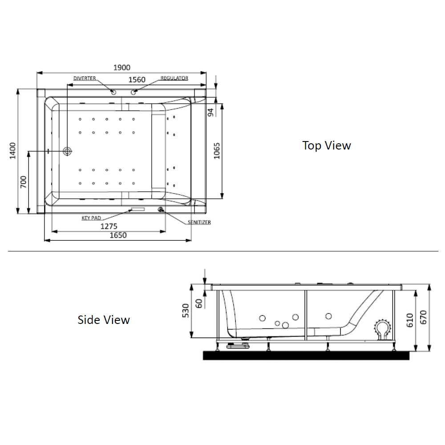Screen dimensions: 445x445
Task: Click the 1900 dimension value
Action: pyautogui.click(x=121, y=67)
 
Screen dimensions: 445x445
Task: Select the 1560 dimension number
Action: pyautogui.click(x=137, y=80)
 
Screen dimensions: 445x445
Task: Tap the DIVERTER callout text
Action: pyautogui.click(x=85, y=78)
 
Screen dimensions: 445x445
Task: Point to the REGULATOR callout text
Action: pyautogui.click(x=174, y=78)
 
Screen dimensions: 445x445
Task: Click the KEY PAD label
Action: pyautogui.click(x=92, y=218)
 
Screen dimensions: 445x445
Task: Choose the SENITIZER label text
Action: pyautogui.click(x=199, y=222)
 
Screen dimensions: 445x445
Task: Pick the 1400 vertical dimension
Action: pyautogui.click(x=12, y=150)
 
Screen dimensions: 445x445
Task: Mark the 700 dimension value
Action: pyautogui.click(x=24, y=182)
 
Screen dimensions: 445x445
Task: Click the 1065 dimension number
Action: pyautogui.click(x=217, y=151)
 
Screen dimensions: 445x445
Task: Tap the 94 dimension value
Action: pyautogui.click(x=211, y=111)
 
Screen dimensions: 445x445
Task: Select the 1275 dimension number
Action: pyautogui.click(x=109, y=226)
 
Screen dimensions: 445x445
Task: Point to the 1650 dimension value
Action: pyautogui.click(x=118, y=235)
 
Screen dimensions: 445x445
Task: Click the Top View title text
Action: pyautogui.click(x=327, y=146)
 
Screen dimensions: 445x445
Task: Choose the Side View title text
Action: pyautogui.click(x=104, y=320)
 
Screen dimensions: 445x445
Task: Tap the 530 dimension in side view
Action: pyautogui.click(x=186, y=311)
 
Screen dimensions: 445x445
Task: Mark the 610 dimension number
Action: pyautogui.click(x=410, y=320)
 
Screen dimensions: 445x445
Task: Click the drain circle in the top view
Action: pyautogui.click(x=68, y=151)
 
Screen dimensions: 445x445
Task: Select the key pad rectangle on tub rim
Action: pyautogui.click(x=138, y=209)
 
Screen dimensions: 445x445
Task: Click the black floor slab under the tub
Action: pyautogui.click(x=306, y=355)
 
